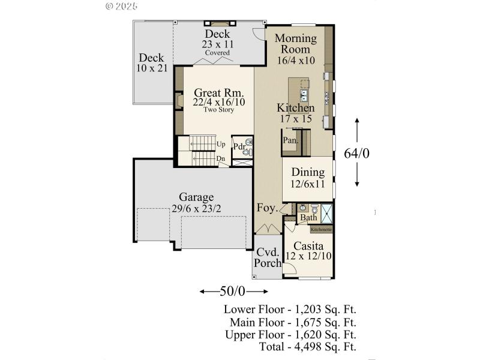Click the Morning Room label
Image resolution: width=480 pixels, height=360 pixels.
pos(296,44)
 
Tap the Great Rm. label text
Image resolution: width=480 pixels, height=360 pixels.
pos(218,93)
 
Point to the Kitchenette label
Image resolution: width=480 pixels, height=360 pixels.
pos(321,229)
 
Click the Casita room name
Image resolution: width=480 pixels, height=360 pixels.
pos(309,246)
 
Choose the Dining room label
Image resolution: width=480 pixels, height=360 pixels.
pos(308,173)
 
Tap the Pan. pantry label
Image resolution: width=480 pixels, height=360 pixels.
pos(291,140)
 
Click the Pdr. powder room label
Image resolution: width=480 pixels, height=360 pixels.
pos(239,146)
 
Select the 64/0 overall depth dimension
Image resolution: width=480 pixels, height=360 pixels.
pos(356,154)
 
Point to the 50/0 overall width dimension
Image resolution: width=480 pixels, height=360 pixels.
pos(233,292)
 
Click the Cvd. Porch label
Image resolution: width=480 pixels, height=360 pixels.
pos(266,257)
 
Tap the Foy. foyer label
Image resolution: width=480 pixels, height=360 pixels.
pos(267,209)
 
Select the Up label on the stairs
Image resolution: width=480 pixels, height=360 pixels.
pos(221,144)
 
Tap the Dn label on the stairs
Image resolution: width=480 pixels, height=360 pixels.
pos(221,158)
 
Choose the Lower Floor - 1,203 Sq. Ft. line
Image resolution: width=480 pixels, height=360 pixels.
pos(290,310)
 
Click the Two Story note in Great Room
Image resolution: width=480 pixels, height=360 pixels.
pos(218,110)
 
